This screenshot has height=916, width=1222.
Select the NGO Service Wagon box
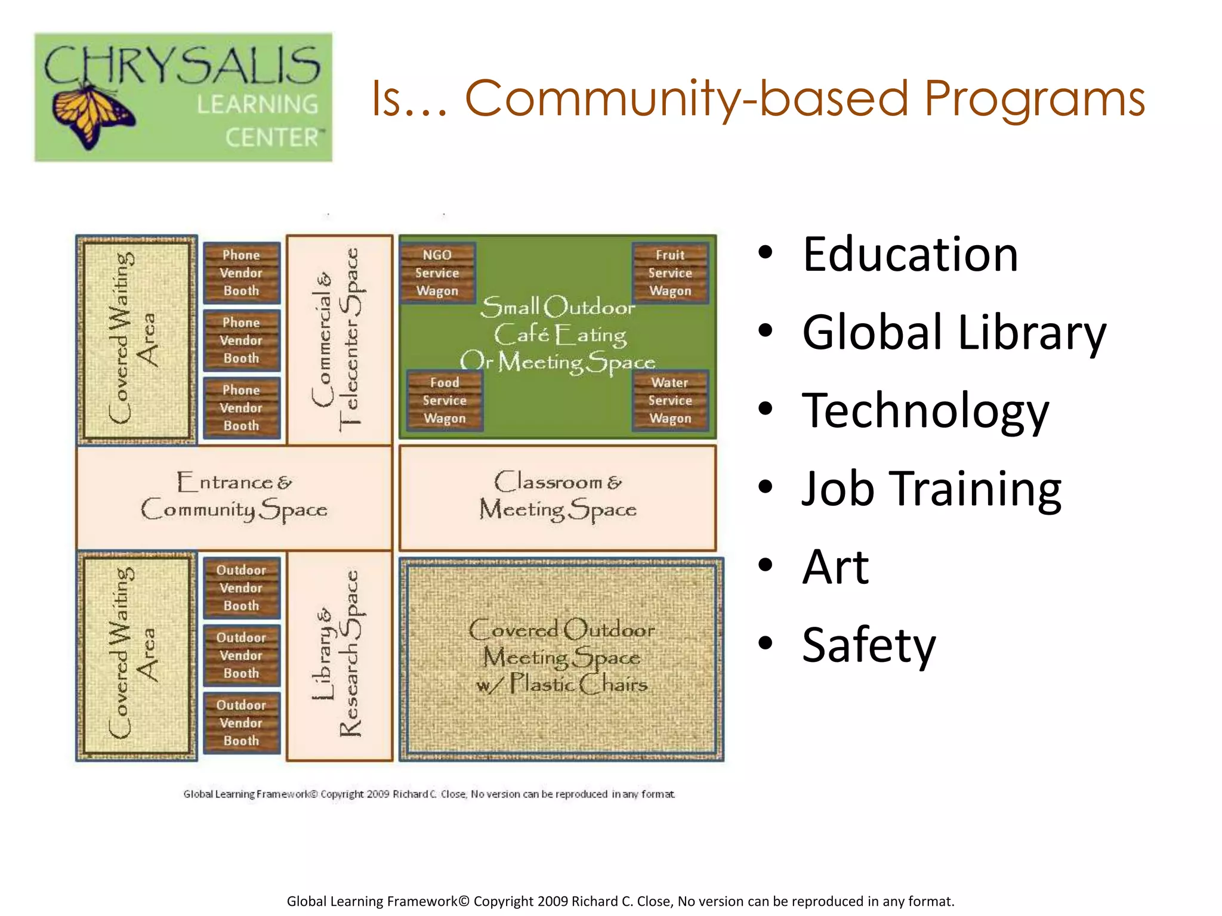tap(437, 273)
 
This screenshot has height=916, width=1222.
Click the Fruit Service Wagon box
tap(670, 273)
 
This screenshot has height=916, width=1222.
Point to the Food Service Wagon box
tap(445, 401)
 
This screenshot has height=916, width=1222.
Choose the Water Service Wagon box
tap(670, 401)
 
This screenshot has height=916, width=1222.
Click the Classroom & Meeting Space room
tap(557, 497)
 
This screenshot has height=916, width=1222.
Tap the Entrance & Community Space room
tap(234, 497)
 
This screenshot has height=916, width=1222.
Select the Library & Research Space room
tap(340, 655)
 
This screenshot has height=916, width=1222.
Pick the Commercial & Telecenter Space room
tap(340, 339)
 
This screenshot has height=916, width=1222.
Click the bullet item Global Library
tap(953, 332)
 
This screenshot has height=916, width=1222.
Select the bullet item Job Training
tap(931, 488)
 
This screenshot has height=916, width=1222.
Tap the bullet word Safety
tap(869, 645)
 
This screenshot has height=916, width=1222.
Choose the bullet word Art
tap(835, 567)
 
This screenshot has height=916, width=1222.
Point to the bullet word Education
tap(910, 254)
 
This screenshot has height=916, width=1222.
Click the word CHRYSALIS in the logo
tap(182, 65)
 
